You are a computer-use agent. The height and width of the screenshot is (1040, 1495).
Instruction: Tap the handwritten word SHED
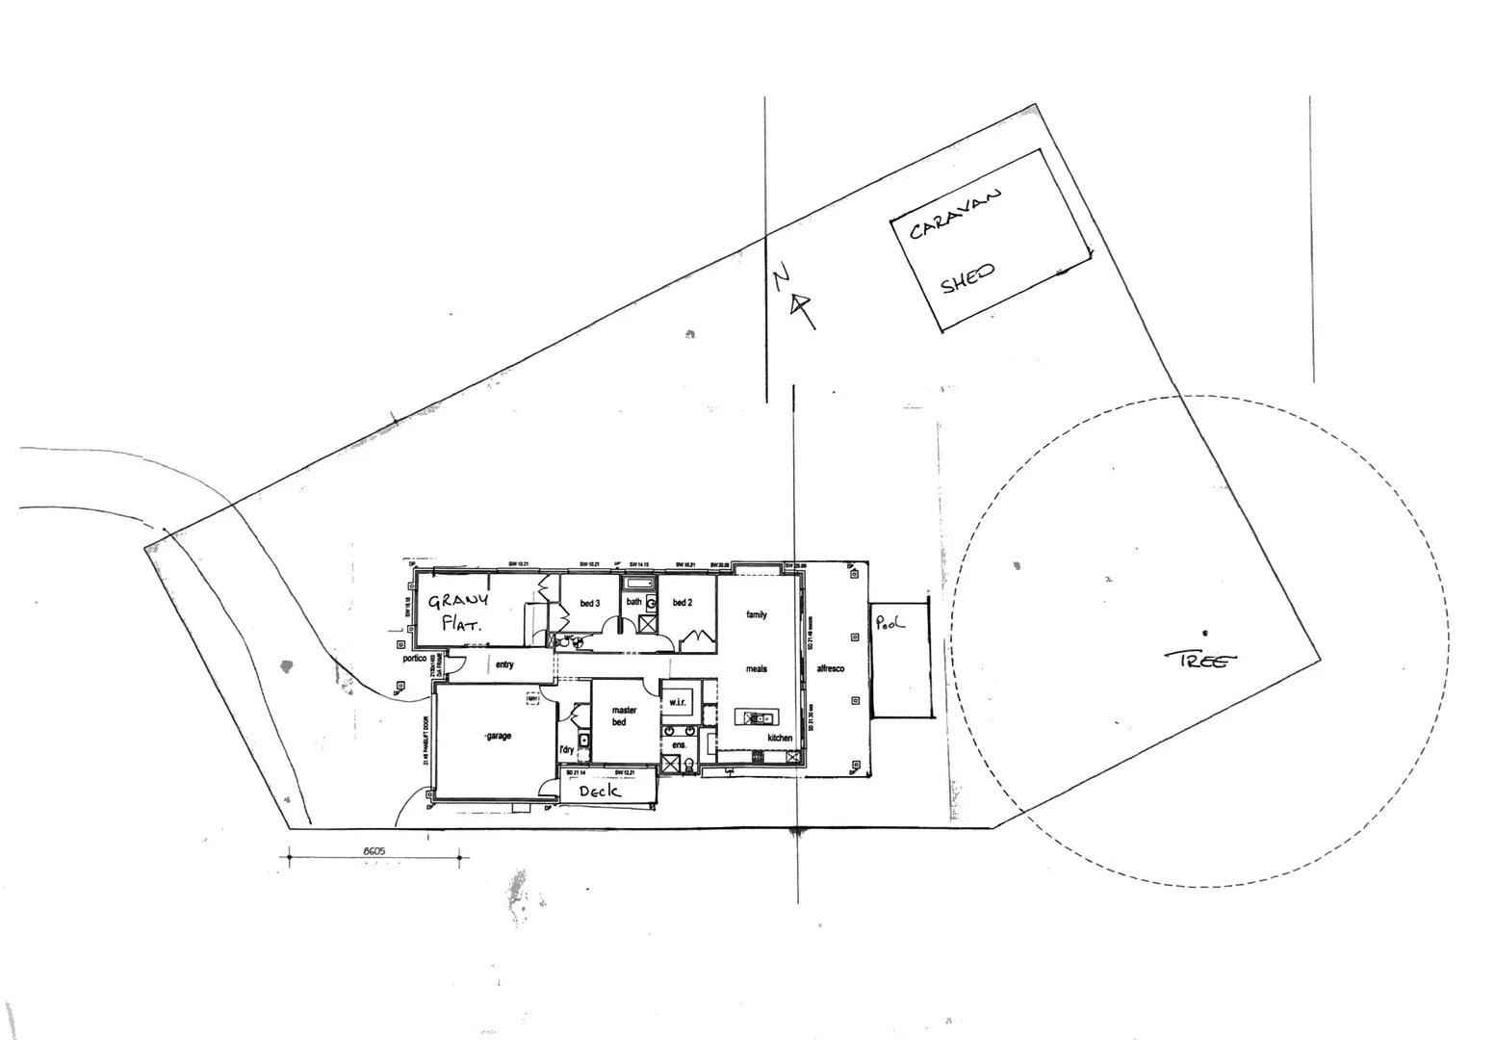(967, 278)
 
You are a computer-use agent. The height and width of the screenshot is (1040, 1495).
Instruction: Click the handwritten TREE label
(1199, 660)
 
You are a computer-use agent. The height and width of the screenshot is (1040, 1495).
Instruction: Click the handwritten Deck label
(600, 791)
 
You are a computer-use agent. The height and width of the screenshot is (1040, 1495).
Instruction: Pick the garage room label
(499, 736)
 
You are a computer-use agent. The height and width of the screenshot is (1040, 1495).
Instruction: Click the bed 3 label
(590, 603)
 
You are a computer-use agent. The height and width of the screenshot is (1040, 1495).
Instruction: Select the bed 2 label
(683, 603)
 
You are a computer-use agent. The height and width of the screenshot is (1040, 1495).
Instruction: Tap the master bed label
(624, 715)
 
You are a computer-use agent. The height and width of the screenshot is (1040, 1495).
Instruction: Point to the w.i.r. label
(678, 702)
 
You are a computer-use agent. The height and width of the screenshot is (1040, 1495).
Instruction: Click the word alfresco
(830, 668)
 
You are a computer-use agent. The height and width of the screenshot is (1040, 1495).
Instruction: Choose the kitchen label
(780, 738)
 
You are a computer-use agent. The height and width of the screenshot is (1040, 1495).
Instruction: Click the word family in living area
(757, 614)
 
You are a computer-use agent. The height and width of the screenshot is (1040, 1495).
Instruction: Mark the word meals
(757, 668)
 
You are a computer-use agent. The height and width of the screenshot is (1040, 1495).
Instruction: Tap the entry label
(504, 664)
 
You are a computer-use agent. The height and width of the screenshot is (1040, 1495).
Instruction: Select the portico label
(414, 659)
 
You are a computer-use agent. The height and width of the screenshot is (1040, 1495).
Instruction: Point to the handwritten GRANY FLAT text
(459, 611)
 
